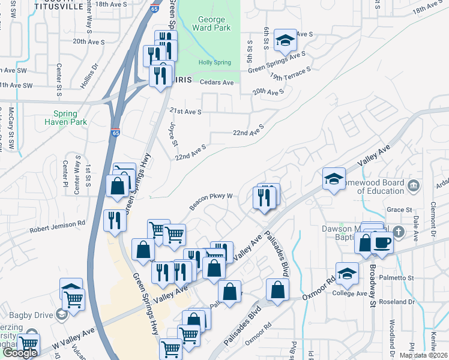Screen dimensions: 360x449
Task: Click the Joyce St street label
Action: [x=174, y=134]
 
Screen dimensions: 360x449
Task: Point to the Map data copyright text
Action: [x=423, y=355]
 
